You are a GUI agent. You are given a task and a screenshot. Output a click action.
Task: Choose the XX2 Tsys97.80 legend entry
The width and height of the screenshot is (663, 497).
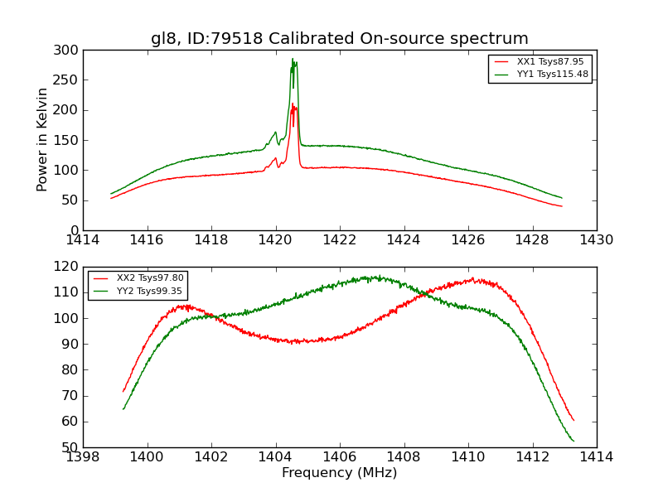[150, 278]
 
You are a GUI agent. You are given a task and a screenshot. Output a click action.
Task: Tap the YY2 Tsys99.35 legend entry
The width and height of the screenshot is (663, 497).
[150, 291]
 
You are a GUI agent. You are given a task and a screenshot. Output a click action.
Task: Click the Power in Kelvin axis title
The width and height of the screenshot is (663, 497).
[42, 140]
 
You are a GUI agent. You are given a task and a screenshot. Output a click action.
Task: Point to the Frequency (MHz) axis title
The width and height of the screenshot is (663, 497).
[339, 473]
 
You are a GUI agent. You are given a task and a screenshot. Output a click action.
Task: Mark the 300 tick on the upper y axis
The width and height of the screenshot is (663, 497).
[70, 51]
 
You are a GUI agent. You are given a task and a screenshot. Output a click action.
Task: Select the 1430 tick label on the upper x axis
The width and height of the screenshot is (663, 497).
[596, 239]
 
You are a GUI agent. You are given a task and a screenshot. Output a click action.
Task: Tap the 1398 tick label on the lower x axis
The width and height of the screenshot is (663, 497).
[83, 456]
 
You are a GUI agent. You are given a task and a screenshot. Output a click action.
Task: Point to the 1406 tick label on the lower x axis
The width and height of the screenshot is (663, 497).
[339, 456]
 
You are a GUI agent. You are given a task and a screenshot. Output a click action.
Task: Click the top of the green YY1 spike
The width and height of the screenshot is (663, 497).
[293, 59]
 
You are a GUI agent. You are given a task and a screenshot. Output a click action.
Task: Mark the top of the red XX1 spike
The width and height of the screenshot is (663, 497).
[293, 104]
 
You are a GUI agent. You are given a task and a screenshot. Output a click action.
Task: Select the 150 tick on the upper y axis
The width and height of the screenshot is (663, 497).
[70, 140]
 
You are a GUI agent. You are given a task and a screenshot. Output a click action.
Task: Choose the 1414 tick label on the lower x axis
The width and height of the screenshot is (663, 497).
[596, 456]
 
